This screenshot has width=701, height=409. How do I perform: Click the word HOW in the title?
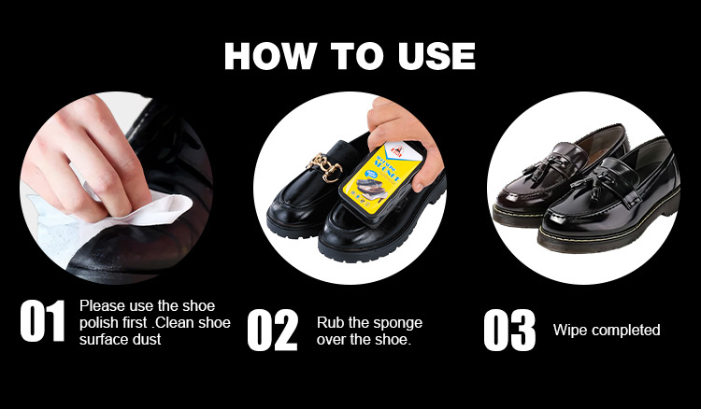(x=270, y=56)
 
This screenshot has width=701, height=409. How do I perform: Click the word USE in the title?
(x=436, y=56)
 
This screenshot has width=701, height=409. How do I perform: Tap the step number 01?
(x=43, y=321)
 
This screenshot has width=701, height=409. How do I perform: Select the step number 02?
(x=272, y=330)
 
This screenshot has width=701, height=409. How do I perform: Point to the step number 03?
(x=509, y=330)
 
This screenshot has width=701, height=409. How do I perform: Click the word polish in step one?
(x=99, y=323)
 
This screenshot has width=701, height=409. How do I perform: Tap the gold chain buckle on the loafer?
(x=324, y=166)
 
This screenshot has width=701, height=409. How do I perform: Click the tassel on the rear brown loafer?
(x=545, y=169)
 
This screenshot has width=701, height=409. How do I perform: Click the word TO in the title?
(x=357, y=56)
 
